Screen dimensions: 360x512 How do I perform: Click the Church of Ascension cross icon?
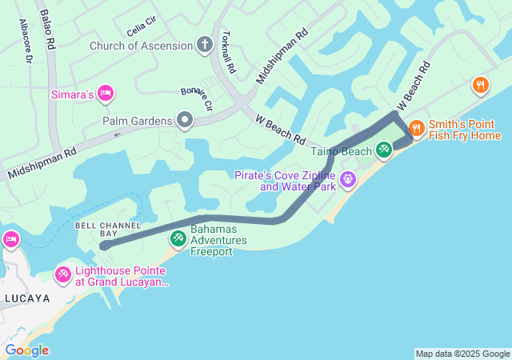tap(205, 46)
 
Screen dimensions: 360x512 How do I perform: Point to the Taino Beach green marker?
tap(384, 150)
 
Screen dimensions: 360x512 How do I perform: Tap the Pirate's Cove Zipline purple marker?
tap(347, 178)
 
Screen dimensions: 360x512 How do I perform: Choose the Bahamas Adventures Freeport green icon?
tap(178, 238)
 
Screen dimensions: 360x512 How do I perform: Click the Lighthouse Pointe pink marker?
tap(62, 274)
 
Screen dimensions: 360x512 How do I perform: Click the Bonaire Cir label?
tap(197, 98)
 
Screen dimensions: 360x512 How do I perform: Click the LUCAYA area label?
tap(26, 298)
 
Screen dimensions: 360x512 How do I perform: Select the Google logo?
tap(26, 350)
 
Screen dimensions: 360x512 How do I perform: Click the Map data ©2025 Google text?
tap(462, 354)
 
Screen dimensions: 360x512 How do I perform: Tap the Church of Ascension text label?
tap(142, 46)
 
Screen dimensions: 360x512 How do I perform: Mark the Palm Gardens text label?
tap(138, 121)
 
